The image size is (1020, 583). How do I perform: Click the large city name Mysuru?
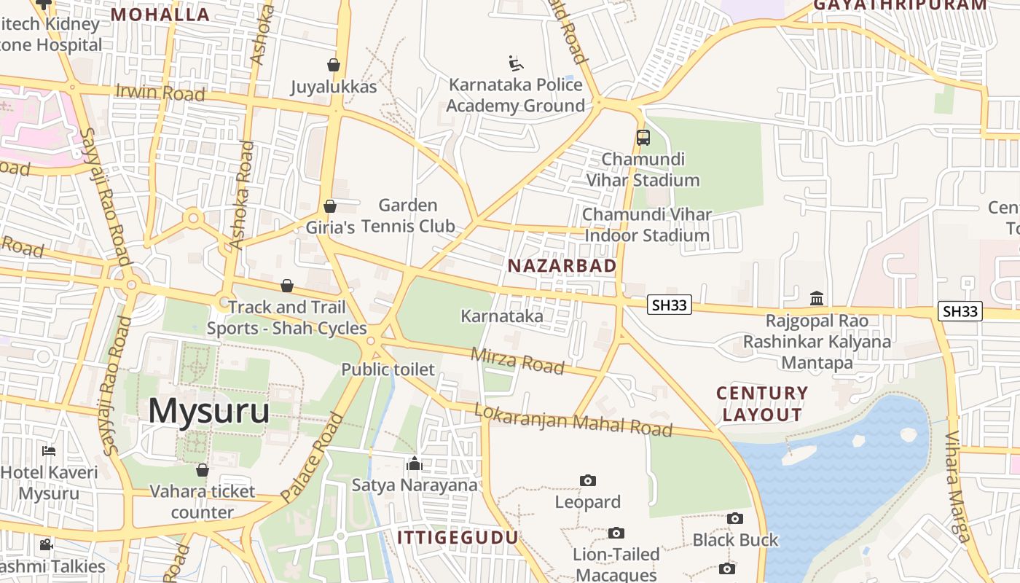coord(208,411)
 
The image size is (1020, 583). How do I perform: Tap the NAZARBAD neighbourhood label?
coord(562,266)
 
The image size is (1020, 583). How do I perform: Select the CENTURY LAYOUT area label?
coord(762,404)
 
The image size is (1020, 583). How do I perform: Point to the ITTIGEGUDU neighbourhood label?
coord(458,538)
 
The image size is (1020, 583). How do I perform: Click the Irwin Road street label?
coord(160,93)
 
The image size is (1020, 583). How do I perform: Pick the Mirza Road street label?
coord(517,360)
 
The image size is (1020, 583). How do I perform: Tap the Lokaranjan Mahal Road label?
coord(573,420)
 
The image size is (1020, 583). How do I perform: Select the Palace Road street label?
coord(312,457)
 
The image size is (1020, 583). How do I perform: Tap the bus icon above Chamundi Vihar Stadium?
coord(643,137)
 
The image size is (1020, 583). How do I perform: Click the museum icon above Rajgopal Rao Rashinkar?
coord(817,299)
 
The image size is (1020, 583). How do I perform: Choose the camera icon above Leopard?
coord(588,480)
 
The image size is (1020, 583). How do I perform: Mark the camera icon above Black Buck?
coord(735,518)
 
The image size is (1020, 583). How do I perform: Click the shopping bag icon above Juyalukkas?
coord(334,65)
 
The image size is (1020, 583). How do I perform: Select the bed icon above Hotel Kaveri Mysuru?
coord(49,450)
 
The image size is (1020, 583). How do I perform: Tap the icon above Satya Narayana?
coord(415,463)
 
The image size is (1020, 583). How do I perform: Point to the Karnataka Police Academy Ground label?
coord(515,95)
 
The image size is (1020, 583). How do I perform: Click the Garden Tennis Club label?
coord(408,216)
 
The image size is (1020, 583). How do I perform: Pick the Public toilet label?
coord(388,369)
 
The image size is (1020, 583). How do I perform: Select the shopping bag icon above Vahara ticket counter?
coord(203,469)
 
